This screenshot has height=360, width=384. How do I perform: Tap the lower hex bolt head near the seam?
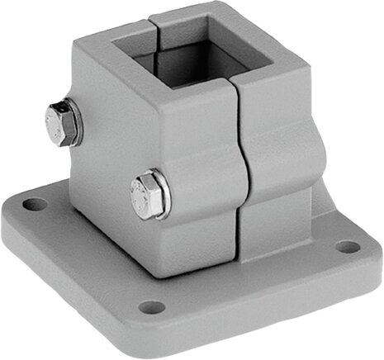147,195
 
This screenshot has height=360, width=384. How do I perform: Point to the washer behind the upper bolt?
77,121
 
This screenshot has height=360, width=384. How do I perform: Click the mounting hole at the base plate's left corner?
31,202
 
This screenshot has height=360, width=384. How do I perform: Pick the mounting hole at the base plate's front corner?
151,307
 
